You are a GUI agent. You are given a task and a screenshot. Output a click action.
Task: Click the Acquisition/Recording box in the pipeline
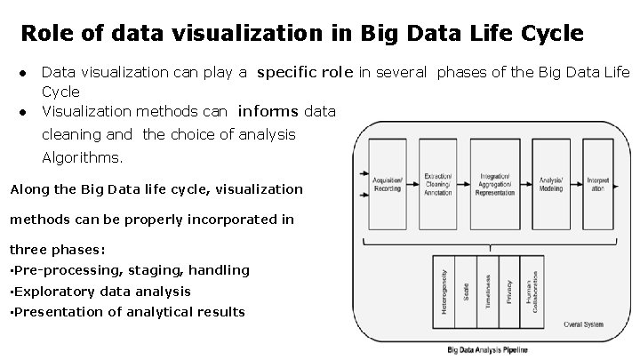tap(388, 184)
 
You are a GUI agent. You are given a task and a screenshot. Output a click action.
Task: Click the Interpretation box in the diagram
tap(596, 184)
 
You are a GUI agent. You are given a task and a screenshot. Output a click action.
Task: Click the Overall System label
tap(584, 324)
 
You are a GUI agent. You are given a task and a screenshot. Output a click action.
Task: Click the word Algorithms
tap(84, 158)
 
